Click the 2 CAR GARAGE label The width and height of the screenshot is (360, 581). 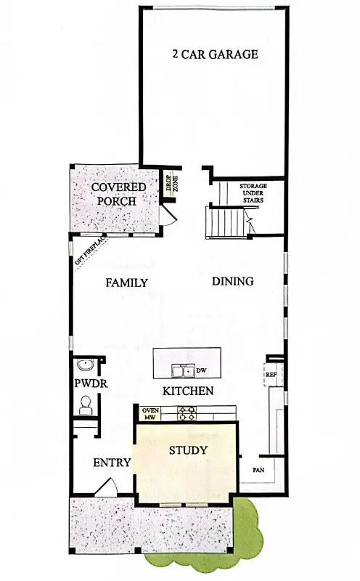click(215, 54)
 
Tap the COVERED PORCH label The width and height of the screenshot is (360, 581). click(118, 194)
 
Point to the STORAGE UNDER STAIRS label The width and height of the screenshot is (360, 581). click(253, 195)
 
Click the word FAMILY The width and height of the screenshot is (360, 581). click(127, 283)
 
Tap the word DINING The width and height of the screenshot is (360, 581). click(232, 281)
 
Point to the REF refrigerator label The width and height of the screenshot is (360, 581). click(271, 375)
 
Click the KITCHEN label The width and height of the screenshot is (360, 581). click(187, 391)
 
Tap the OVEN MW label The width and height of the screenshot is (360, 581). click(150, 413)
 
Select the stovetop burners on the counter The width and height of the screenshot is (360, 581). click(187, 413)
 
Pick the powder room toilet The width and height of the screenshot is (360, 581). click(84, 404)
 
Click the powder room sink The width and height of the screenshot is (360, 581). click(86, 365)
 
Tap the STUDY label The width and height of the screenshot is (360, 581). click(188, 451)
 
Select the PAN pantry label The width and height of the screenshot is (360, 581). click(258, 470)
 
